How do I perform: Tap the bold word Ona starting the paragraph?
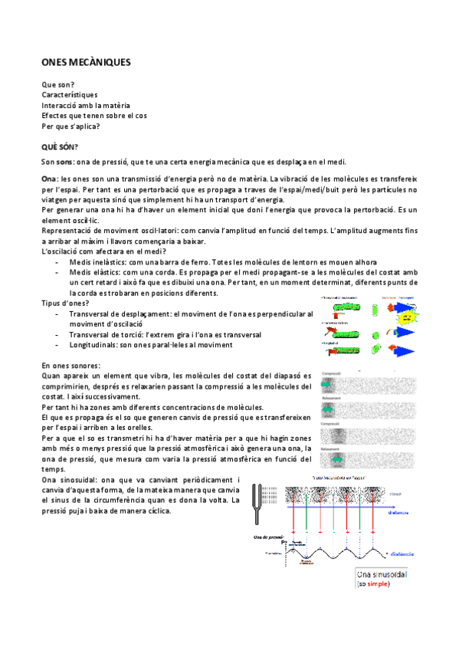(48, 178)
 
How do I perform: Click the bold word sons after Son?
(64, 162)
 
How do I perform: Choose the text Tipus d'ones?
(66, 303)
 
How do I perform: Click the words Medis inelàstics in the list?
(97, 261)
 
